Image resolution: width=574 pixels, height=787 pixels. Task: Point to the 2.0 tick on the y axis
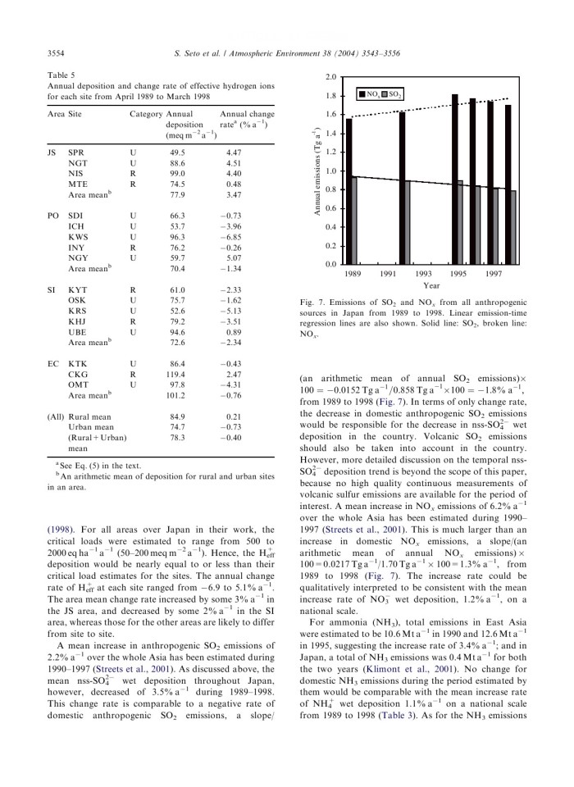[330, 76]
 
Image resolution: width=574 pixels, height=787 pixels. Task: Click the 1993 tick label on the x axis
[424, 273]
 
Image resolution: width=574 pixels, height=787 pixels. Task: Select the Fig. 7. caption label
[314, 303]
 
